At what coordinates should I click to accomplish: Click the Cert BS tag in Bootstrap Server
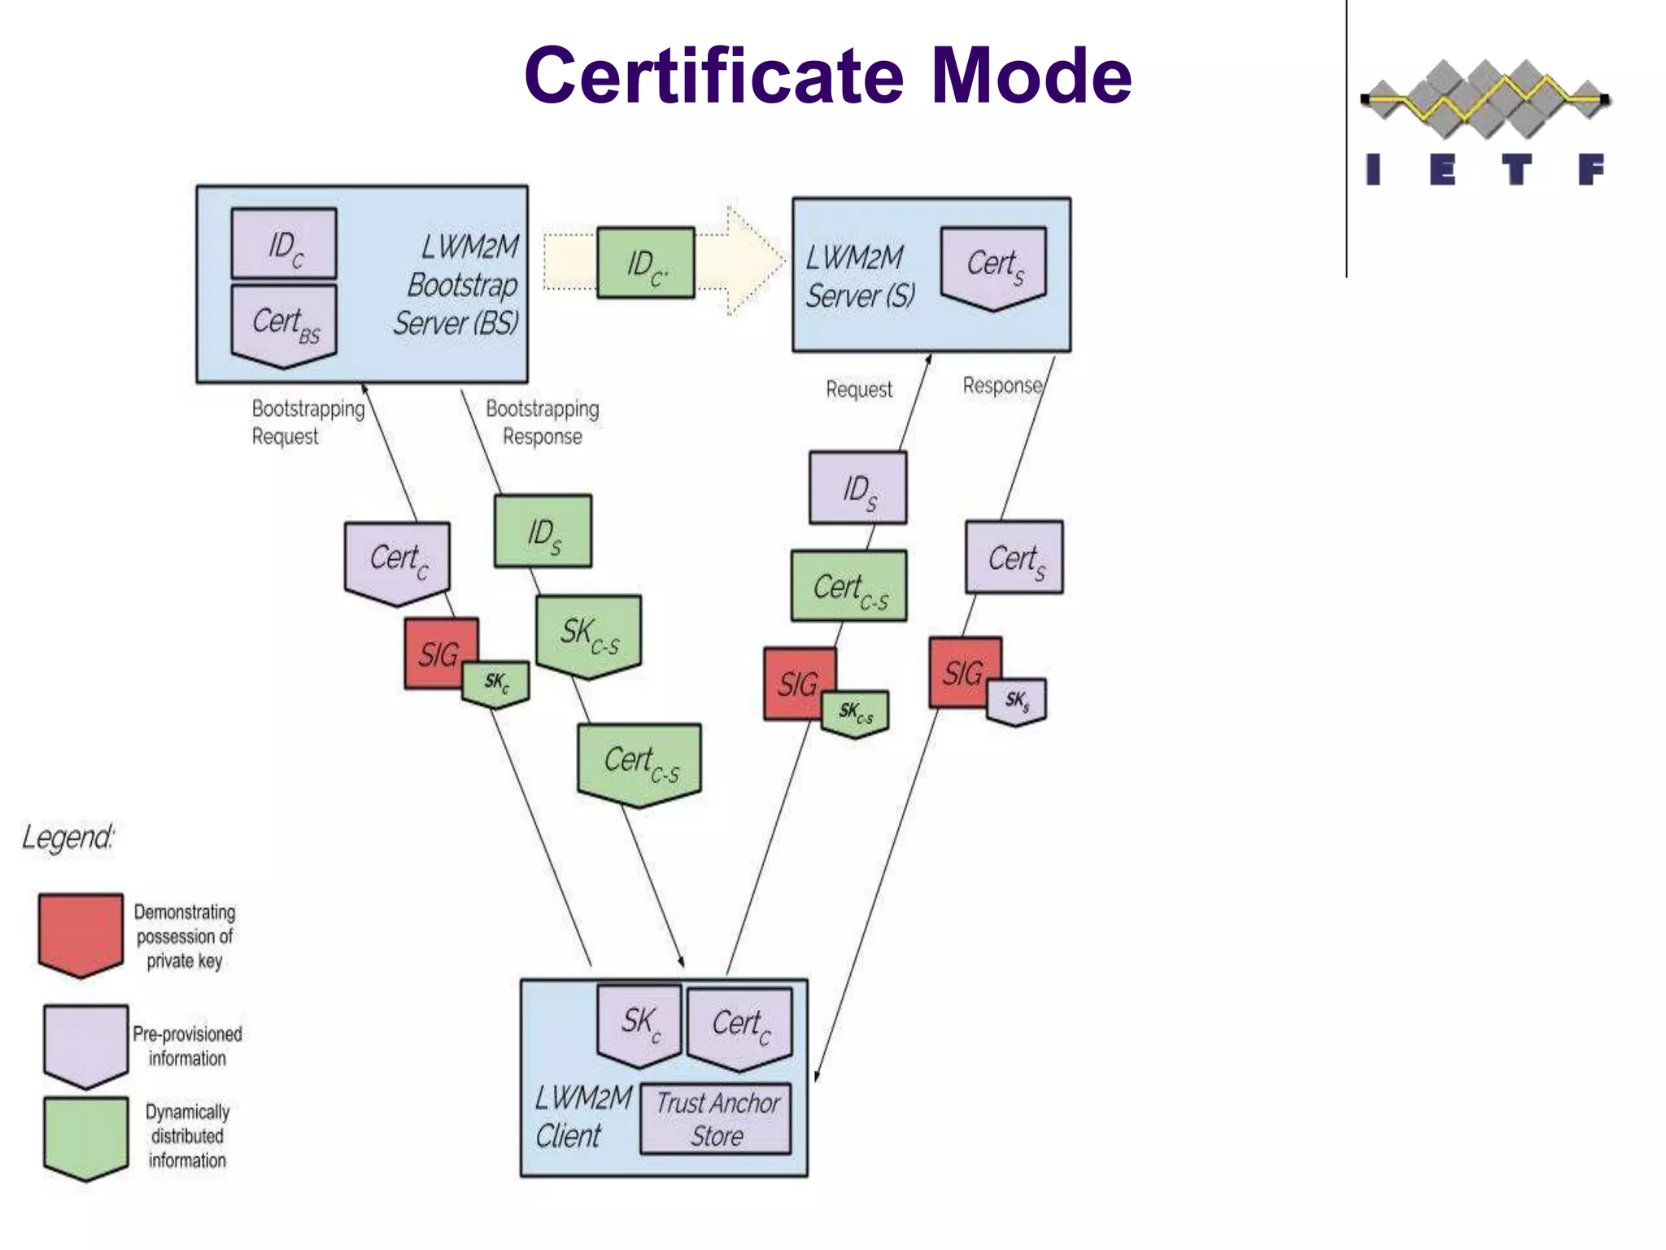(284, 323)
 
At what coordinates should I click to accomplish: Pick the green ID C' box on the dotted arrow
(645, 264)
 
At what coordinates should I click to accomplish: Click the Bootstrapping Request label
(307, 422)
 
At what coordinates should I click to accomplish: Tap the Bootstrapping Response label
(542, 422)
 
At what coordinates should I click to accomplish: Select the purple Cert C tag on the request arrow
(397, 560)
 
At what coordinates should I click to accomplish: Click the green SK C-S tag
(588, 634)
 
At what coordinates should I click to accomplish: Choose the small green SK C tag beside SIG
(495, 682)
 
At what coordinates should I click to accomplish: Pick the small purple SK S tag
(1016, 700)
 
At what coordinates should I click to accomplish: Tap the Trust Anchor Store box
(716, 1119)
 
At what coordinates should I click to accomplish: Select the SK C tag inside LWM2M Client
(639, 1023)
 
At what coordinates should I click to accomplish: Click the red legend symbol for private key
(81, 933)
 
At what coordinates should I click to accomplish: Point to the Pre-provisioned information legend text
(187, 1046)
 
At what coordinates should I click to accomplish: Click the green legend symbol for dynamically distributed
(85, 1136)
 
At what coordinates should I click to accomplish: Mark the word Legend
(68, 837)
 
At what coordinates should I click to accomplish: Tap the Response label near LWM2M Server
(1001, 385)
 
